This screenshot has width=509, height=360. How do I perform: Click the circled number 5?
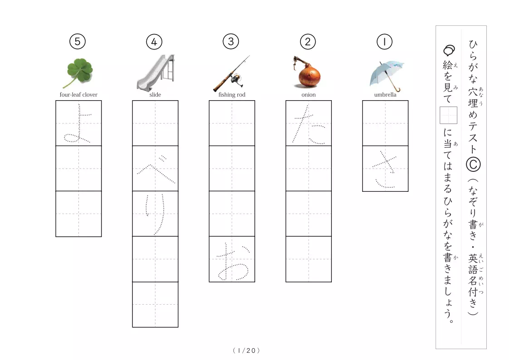77,42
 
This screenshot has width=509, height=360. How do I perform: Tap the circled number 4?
154,42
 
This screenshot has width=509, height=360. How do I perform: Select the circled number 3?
231,42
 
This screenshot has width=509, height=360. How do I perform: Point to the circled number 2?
308,42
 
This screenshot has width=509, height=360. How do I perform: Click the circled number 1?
384,42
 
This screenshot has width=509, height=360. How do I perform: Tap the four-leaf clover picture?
79,73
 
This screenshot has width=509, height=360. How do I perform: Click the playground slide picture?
155,73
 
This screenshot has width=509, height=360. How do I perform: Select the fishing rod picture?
232,73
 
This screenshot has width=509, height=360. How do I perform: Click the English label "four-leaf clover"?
78,94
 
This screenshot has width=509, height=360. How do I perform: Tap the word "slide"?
155,94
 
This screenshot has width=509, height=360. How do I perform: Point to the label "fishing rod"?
232,94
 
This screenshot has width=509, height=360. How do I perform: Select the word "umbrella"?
385,94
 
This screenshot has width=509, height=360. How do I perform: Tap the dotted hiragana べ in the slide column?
156,170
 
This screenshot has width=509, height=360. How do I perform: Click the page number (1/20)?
247,350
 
